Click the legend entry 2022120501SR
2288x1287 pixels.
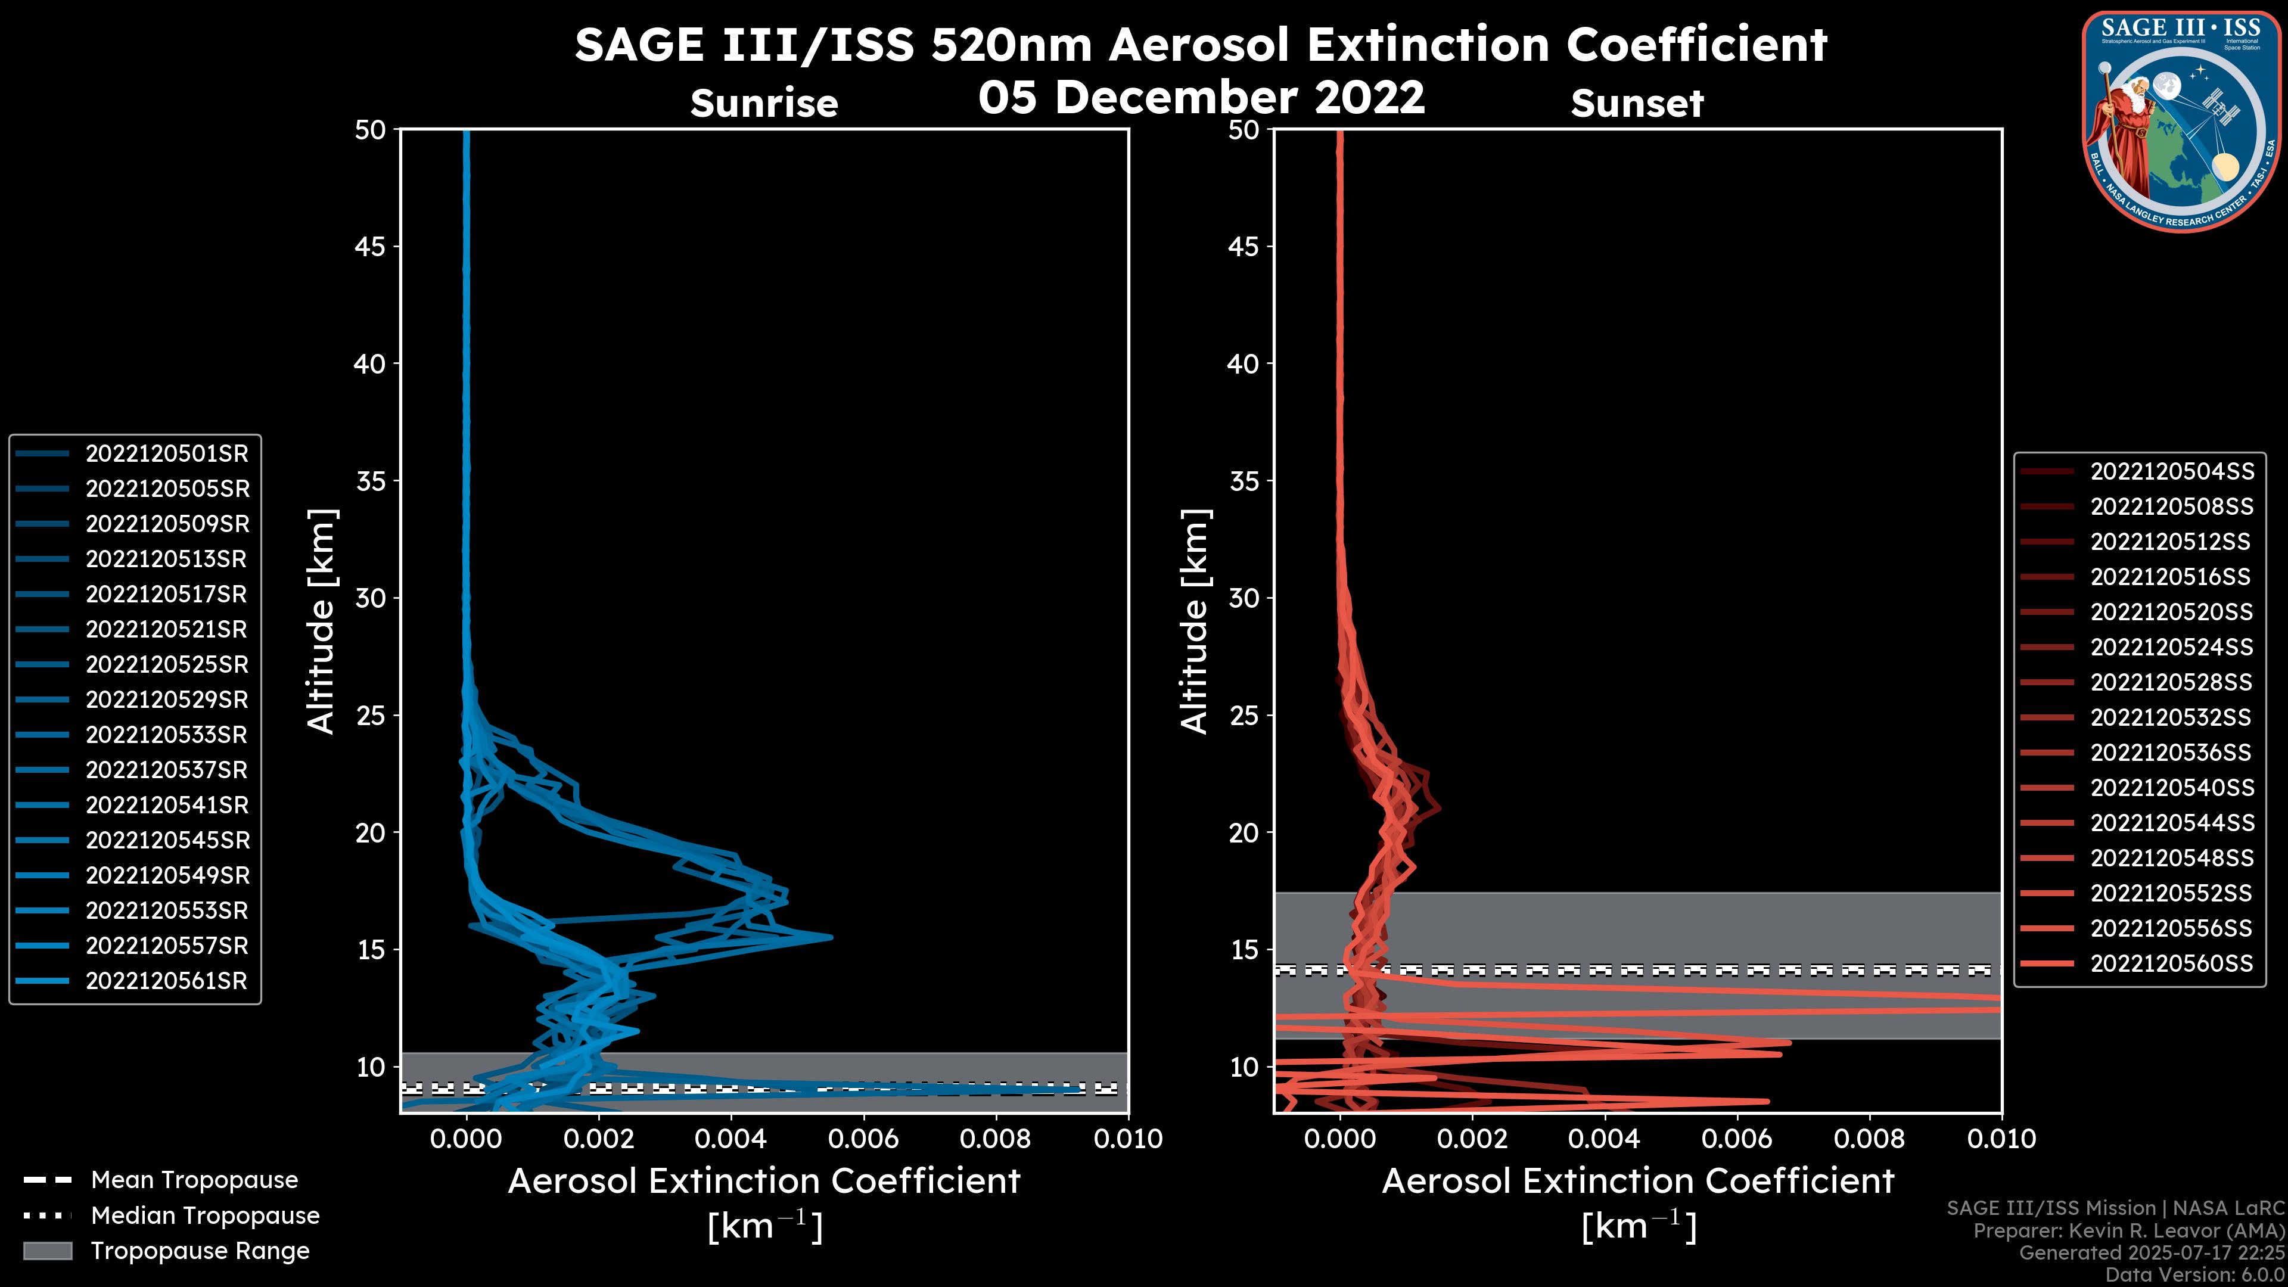point(166,454)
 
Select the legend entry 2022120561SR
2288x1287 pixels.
point(166,981)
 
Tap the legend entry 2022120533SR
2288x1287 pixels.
point(166,735)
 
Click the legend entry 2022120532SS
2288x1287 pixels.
point(2170,717)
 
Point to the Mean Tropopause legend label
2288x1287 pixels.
point(194,1180)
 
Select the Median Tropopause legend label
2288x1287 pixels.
point(205,1216)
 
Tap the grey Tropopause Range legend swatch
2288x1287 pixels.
point(48,1251)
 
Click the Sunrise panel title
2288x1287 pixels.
point(764,104)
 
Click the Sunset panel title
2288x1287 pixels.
point(1637,104)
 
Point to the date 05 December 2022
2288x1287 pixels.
point(1201,97)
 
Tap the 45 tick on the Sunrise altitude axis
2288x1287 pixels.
point(371,247)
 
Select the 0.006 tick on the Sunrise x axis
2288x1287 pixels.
point(862,1139)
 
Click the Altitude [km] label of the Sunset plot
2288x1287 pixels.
point(1195,621)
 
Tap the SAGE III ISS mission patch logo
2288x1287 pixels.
point(2181,121)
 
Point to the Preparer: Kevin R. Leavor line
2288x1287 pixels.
point(2128,1231)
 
